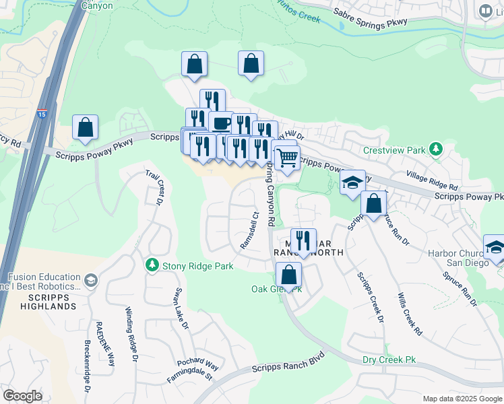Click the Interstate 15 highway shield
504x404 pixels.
click(42, 112)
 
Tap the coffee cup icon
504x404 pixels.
click(221, 123)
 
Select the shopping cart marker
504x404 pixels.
click(288, 159)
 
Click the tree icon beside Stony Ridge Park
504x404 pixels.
click(153, 265)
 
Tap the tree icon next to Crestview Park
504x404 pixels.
click(436, 148)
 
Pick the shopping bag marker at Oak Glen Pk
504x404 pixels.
click(288, 275)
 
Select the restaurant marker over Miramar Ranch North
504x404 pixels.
click(303, 240)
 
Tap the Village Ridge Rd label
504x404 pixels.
click(432, 180)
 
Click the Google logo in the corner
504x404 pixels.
click(23, 395)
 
